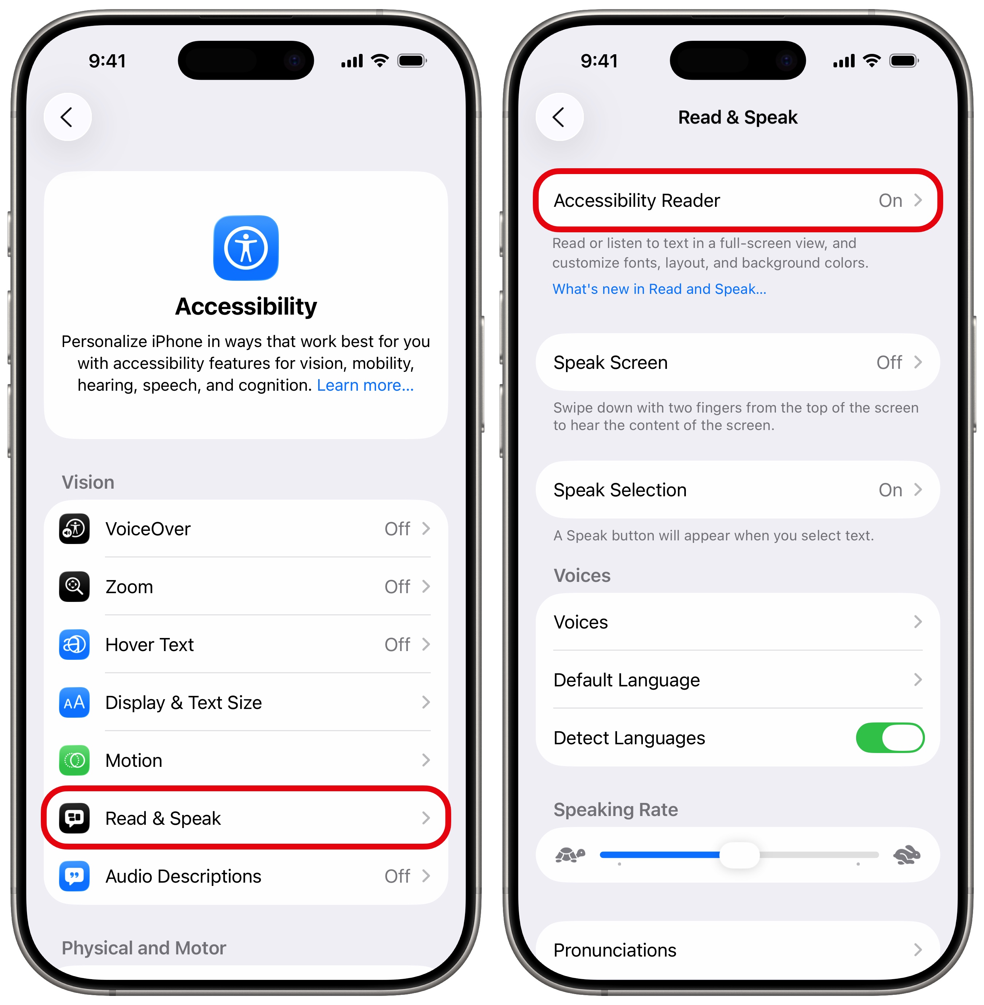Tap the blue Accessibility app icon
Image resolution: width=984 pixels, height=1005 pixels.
pos(246,248)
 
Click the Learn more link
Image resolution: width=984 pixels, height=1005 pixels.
pos(366,385)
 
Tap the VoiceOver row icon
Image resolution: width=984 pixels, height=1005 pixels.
pos(74,529)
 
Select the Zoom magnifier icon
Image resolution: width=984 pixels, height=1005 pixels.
pos(74,587)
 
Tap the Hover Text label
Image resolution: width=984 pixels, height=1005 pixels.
pos(149,645)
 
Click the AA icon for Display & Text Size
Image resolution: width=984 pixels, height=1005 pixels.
pos(74,702)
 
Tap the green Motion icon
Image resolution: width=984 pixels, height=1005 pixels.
pos(74,760)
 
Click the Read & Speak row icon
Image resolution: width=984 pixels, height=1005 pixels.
pos(74,818)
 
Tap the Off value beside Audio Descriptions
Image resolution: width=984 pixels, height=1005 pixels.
pos(397,876)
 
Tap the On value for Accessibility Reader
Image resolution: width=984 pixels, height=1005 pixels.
pos(890,200)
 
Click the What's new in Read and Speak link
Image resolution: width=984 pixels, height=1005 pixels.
pos(659,289)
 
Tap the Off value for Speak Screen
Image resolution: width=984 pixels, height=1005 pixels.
pos(889,363)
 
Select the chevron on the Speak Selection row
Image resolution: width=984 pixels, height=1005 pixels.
pos(918,490)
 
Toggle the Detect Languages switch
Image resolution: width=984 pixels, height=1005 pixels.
pos(890,737)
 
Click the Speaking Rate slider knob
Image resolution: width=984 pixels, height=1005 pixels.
pos(739,855)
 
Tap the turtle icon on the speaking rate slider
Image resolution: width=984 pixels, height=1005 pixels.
pos(570,855)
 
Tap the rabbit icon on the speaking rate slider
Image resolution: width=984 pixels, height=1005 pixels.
pos(907,855)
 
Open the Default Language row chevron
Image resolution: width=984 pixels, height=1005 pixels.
pos(918,679)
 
